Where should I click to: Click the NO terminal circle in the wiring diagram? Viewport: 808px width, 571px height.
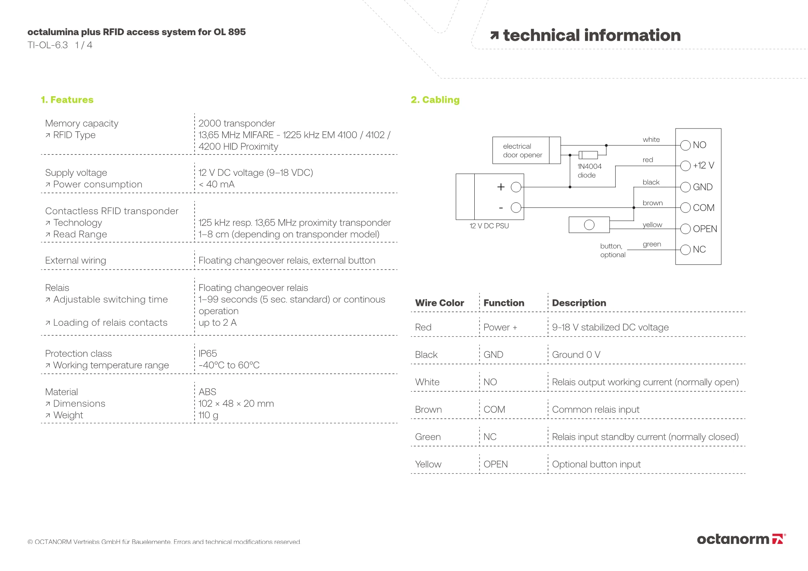coord(685,145)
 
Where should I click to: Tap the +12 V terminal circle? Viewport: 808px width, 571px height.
coord(685,166)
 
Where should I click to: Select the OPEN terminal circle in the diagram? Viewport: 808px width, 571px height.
coord(685,229)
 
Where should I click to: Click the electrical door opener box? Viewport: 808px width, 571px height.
coord(522,150)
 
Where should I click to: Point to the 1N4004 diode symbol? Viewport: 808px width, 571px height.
coord(589,155)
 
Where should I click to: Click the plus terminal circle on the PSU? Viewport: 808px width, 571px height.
coord(516,187)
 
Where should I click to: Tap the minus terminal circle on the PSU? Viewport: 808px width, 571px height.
coord(516,208)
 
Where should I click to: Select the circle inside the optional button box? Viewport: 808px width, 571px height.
coord(589,225)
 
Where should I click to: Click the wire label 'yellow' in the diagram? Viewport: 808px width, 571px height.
coord(652,225)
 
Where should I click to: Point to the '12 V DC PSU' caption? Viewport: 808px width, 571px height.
coord(489,226)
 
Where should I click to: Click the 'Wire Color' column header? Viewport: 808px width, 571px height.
coord(440,303)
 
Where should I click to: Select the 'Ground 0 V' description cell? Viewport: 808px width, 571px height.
coord(576,355)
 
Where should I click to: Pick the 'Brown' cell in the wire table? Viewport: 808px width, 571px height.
coord(428,410)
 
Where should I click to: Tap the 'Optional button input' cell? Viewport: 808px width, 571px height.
coord(596,465)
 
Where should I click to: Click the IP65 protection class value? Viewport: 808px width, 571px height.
coord(208,354)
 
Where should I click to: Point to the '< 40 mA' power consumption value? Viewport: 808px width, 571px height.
coord(217,184)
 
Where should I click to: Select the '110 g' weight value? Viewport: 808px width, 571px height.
coord(208,415)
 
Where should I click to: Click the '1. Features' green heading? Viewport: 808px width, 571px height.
coord(67,100)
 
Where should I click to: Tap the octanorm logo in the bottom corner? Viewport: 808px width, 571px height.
coord(741,539)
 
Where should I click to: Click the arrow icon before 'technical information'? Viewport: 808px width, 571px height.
coord(494,36)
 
